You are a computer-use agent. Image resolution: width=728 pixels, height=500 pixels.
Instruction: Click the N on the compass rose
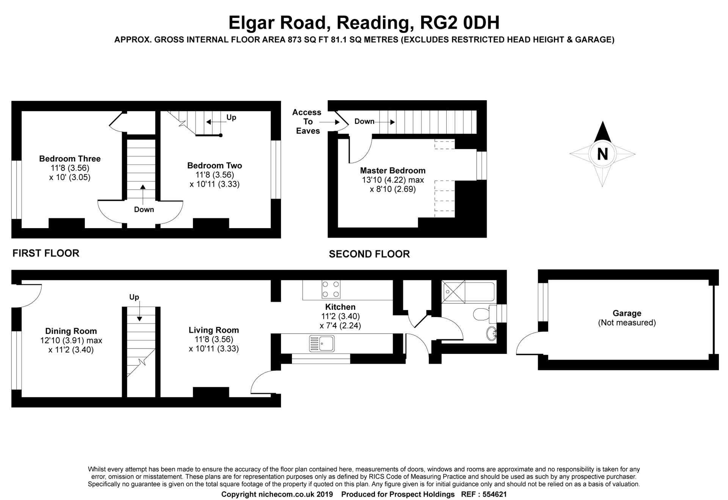pyautogui.click(x=602, y=154)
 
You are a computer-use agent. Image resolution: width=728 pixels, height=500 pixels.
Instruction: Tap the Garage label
pyautogui.click(x=627, y=313)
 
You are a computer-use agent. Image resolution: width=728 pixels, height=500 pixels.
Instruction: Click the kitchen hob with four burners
pyautogui.click(x=331, y=289)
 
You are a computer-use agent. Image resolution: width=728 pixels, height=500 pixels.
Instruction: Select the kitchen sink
pyautogui.click(x=322, y=344)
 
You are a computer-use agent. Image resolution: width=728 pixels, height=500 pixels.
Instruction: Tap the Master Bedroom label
pyautogui.click(x=392, y=170)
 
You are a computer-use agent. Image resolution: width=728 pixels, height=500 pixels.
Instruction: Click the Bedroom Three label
pyautogui.click(x=70, y=159)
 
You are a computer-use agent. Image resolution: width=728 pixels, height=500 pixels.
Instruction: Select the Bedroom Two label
pyautogui.click(x=214, y=166)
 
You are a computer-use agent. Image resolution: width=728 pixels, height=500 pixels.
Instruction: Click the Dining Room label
pyautogui.click(x=71, y=331)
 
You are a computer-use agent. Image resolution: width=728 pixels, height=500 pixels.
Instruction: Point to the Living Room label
pyautogui.click(x=214, y=330)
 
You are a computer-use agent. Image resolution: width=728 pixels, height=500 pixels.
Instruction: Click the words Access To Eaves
pyautogui.click(x=307, y=121)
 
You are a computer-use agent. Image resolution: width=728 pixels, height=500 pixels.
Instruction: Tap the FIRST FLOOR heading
pyautogui.click(x=46, y=253)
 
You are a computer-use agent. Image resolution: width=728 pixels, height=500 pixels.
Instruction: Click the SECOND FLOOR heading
pyautogui.click(x=369, y=254)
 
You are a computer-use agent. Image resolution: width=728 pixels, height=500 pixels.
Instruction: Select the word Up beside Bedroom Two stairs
pyautogui.click(x=231, y=117)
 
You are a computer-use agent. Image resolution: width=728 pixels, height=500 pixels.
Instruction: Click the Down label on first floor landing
pyautogui.click(x=144, y=210)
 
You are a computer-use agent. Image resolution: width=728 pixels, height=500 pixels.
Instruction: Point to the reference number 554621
pyautogui.click(x=494, y=494)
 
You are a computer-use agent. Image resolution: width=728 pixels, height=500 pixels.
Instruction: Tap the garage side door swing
pyautogui.click(x=531, y=344)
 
